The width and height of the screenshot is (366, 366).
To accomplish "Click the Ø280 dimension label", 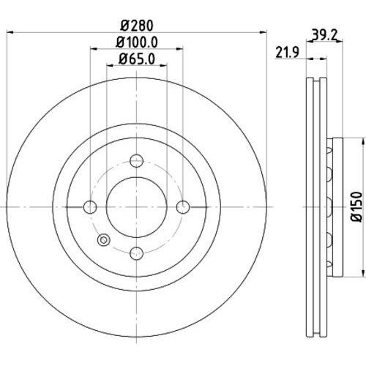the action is point(137,26).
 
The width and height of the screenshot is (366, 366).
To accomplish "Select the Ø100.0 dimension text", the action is point(137,42).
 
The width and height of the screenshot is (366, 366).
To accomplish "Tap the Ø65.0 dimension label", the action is point(137,59).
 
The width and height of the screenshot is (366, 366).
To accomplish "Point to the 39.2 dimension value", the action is point(324,35).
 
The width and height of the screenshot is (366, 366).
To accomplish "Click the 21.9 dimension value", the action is point(288,52).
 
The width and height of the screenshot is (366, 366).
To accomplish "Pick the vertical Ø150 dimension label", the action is point(356,207).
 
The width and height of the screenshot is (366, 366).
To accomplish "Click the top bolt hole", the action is point(136,161).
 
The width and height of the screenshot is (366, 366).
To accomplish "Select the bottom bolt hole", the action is point(136,253).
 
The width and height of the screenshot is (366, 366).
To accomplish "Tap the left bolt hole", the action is point(90,207).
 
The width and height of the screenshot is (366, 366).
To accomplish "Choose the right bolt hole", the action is point(183,207).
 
